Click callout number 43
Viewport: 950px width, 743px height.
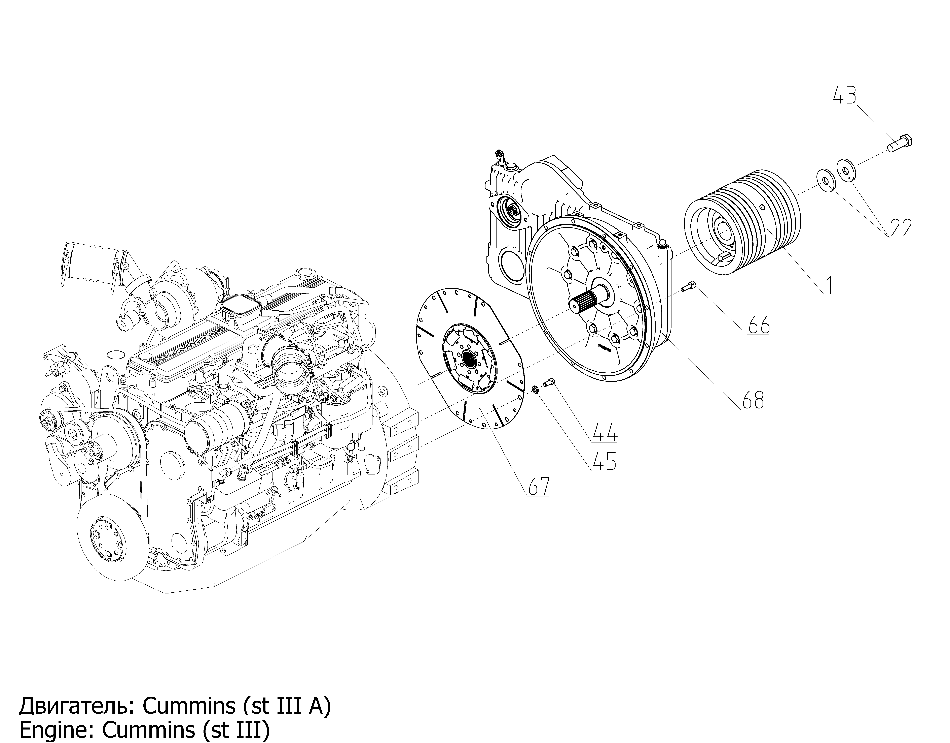pyautogui.click(x=844, y=95)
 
